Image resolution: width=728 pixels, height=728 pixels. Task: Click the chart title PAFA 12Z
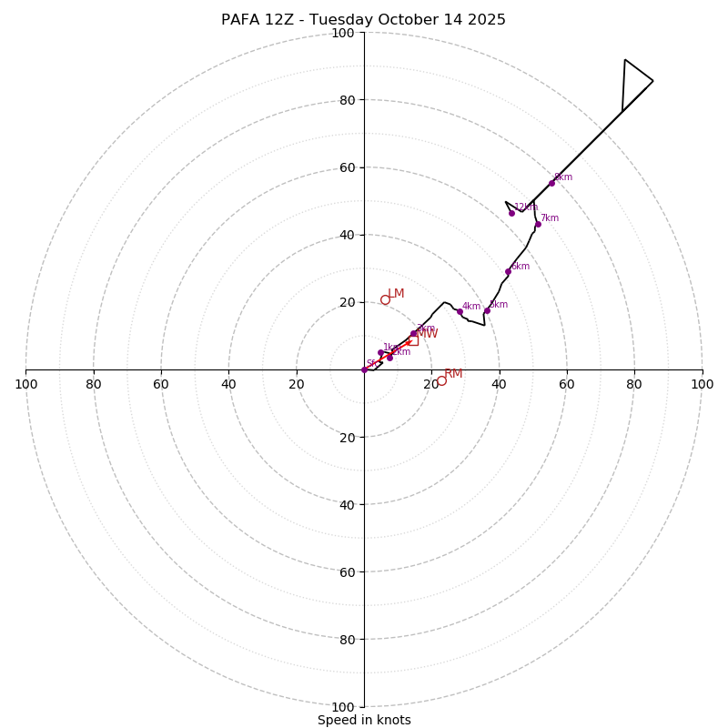pyautogui.click(x=363, y=20)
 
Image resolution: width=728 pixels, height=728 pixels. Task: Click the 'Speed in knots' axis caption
pyautogui.click(x=364, y=720)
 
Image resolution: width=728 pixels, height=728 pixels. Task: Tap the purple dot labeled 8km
pyautogui.click(x=551, y=183)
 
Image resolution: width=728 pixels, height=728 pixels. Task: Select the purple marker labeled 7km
pyautogui.click(x=538, y=224)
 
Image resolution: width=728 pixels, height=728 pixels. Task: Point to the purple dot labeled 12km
pyautogui.click(x=511, y=213)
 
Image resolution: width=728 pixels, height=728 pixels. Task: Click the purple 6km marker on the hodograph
pyautogui.click(x=508, y=271)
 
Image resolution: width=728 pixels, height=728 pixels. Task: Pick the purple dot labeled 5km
pyautogui.click(x=487, y=310)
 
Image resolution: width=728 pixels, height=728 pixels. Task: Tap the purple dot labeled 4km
pyautogui.click(x=460, y=311)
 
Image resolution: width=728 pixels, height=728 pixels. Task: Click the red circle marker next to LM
pyautogui.click(x=385, y=299)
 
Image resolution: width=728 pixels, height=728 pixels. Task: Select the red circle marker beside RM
pyautogui.click(x=441, y=380)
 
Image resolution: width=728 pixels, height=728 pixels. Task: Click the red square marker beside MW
pyautogui.click(x=413, y=340)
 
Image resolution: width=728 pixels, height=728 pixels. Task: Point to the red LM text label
pyautogui.click(x=396, y=293)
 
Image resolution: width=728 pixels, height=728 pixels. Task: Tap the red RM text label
pyautogui.click(x=453, y=373)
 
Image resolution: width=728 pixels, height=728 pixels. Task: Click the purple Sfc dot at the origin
pyautogui.click(x=364, y=369)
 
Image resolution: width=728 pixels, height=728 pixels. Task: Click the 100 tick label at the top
pyautogui.click(x=343, y=33)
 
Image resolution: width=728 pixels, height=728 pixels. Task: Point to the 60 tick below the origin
pyautogui.click(x=343, y=571)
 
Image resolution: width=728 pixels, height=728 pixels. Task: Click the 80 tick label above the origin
pyautogui.click(x=347, y=100)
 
